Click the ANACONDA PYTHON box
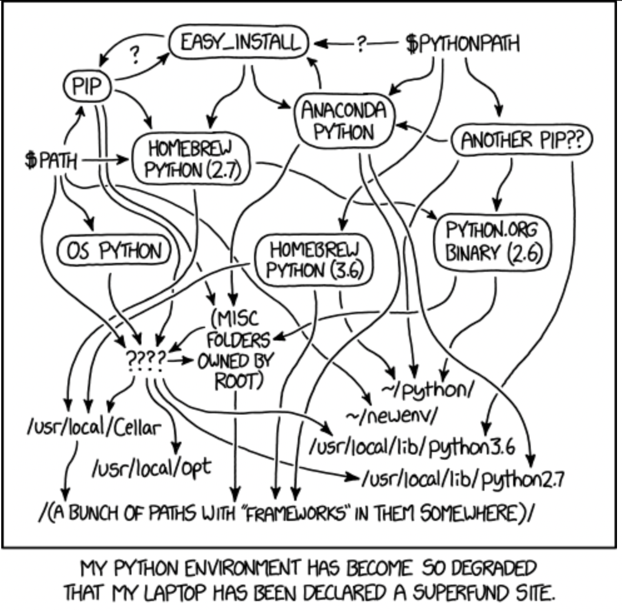[x=344, y=120]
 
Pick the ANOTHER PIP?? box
[x=521, y=140]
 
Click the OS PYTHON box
[x=113, y=252]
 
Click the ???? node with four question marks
[x=146, y=359]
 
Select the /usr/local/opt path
[x=151, y=466]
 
